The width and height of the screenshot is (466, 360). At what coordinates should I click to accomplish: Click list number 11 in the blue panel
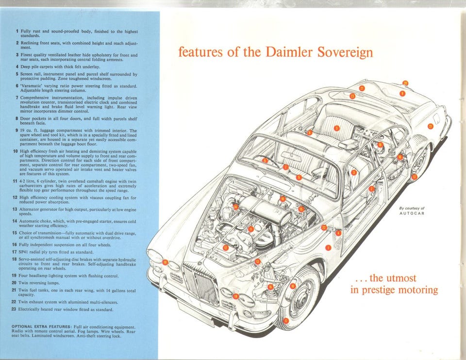coord(16,180)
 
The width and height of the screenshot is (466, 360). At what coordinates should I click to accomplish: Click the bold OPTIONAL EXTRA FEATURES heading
coord(47,327)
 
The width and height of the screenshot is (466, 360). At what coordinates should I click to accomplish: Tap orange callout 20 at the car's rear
coord(405,83)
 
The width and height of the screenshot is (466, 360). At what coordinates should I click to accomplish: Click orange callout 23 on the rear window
coord(352,96)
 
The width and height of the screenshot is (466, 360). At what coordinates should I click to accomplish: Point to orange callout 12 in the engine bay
coord(226,247)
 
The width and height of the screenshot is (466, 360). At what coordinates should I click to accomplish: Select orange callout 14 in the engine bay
coord(235,207)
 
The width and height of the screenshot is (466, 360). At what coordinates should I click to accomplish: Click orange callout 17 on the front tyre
coord(286,321)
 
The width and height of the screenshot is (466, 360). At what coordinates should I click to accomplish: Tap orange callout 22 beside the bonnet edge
coord(324,228)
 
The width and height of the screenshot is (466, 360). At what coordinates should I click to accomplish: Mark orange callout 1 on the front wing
coord(328,248)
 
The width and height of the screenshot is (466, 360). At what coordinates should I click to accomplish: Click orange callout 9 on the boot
coord(402,93)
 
